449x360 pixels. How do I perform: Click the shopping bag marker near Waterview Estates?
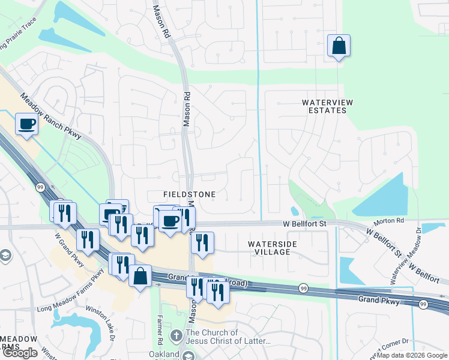[x=339, y=46]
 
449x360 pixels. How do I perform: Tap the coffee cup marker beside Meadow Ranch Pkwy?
[x=26, y=124]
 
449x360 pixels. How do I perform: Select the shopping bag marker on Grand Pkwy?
[x=140, y=277]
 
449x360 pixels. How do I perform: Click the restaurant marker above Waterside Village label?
[x=202, y=243]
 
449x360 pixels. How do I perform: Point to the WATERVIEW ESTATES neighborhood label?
[x=324, y=106]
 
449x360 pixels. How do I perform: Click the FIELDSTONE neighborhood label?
[x=189, y=195]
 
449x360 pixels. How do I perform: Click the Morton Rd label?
[x=391, y=220]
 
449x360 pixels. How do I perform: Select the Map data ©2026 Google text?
[x=412, y=355]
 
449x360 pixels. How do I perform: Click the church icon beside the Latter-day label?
[x=176, y=335]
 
